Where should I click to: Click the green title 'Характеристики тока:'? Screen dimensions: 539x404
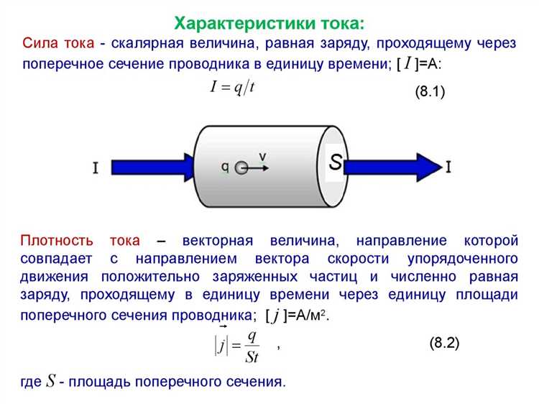click(x=269, y=24)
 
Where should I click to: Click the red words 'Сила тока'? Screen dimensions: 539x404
click(x=58, y=43)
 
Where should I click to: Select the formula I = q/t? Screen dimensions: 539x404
click(x=232, y=87)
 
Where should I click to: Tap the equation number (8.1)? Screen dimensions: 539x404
click(x=430, y=92)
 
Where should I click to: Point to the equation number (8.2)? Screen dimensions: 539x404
click(x=444, y=343)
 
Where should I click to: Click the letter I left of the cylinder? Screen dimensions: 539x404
click(x=96, y=167)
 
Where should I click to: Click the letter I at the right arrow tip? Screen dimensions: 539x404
click(x=448, y=167)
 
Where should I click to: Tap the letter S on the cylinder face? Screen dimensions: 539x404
click(x=336, y=162)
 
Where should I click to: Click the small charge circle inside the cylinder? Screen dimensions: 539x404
click(x=241, y=168)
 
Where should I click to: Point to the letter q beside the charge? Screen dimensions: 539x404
click(x=225, y=167)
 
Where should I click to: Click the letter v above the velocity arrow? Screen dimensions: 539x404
click(x=262, y=157)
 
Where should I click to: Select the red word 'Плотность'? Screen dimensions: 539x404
click(x=57, y=240)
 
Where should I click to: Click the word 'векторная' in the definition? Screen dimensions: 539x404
click(x=218, y=241)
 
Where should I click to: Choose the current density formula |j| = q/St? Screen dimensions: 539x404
click(x=237, y=345)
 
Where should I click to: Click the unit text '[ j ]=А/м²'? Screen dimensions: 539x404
click(x=297, y=316)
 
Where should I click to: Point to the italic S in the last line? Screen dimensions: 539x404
click(x=51, y=381)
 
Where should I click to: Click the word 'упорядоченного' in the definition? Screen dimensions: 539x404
click(x=463, y=259)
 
